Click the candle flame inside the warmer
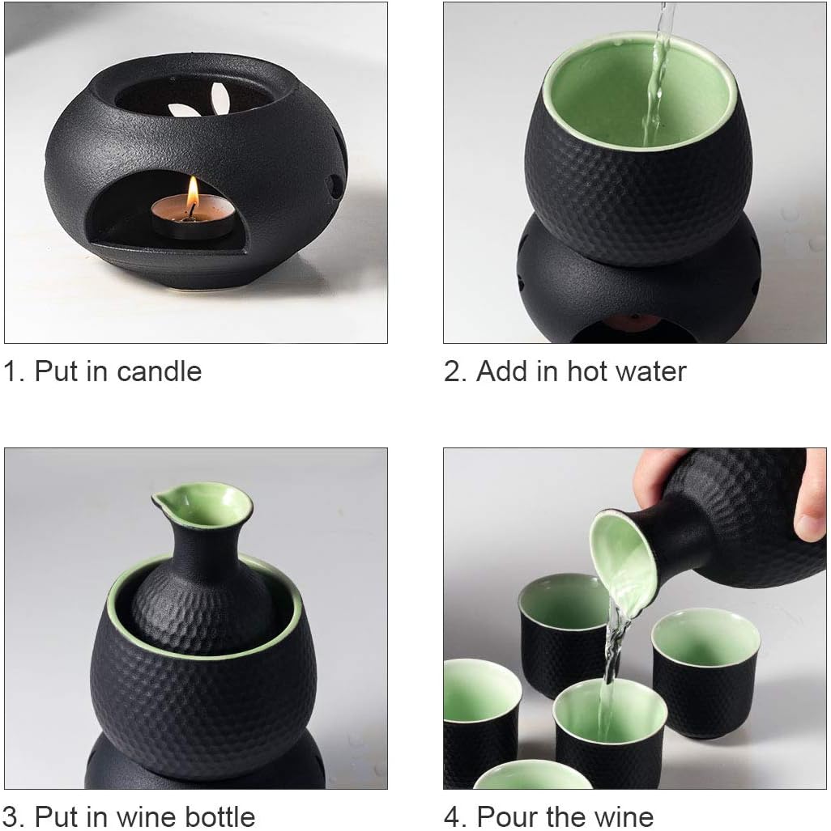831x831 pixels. (x=193, y=193)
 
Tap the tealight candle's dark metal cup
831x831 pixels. (x=193, y=226)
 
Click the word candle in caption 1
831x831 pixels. (x=159, y=371)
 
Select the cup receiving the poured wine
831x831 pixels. (x=609, y=724)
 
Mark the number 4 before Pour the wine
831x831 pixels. (x=453, y=816)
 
